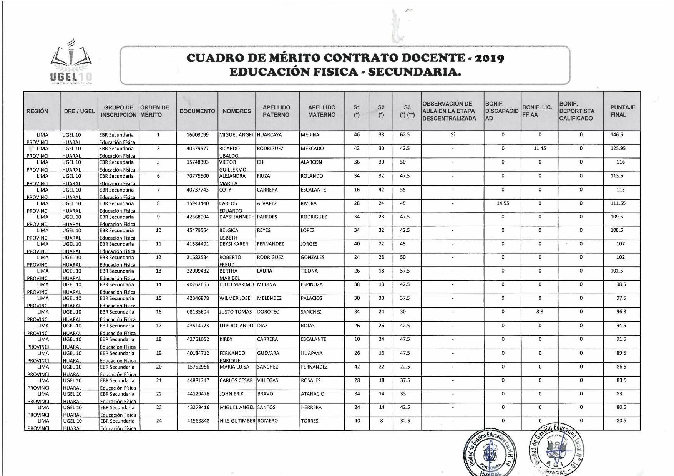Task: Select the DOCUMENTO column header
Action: [x=197, y=111]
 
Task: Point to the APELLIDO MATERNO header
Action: [x=322, y=111]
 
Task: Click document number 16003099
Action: [x=198, y=135]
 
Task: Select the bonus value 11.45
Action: [x=540, y=149]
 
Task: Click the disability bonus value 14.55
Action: [x=503, y=203]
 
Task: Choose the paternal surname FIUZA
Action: [x=264, y=176]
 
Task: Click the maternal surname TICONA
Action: [x=309, y=271]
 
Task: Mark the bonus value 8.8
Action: [x=540, y=312]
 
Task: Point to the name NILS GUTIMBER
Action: [x=237, y=421]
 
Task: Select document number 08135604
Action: [x=198, y=312]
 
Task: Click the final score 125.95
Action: [x=618, y=149]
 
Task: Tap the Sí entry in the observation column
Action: [x=453, y=135]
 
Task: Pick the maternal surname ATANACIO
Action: [x=312, y=394]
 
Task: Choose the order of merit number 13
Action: [x=159, y=271]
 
